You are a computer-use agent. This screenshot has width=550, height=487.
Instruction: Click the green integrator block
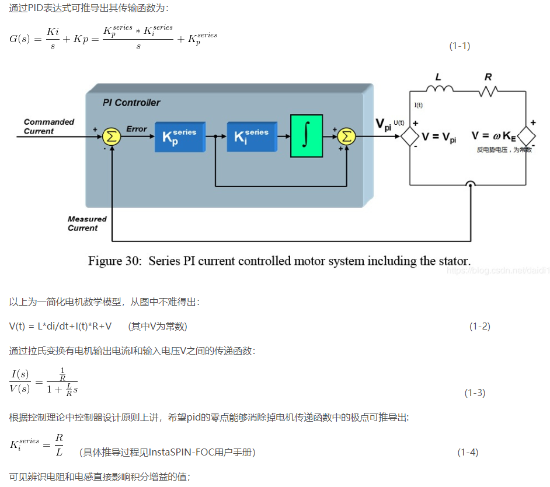point(307,136)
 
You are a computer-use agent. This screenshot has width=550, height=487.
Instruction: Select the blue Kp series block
point(180,137)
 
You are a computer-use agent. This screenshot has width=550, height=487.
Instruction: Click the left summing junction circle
point(111,136)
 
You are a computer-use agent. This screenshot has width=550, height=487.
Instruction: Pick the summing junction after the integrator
point(346,136)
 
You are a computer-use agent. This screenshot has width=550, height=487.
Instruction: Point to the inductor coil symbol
point(440,89)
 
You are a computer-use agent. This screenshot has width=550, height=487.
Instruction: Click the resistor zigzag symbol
point(488,90)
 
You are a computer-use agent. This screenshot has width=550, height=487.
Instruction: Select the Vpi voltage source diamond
point(409,136)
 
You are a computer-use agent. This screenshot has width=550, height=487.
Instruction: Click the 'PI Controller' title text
point(131,103)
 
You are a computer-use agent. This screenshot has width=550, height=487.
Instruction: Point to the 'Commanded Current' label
point(49,127)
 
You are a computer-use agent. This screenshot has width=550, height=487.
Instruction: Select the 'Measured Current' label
point(87,223)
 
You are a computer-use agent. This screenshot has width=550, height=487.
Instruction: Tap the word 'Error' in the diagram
point(137,129)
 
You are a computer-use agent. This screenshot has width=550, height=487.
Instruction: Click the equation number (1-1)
point(460,46)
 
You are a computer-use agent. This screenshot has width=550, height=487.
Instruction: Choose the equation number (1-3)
point(475,393)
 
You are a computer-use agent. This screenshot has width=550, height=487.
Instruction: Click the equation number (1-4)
point(468,452)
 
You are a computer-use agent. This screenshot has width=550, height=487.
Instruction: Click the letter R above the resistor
point(488,77)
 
